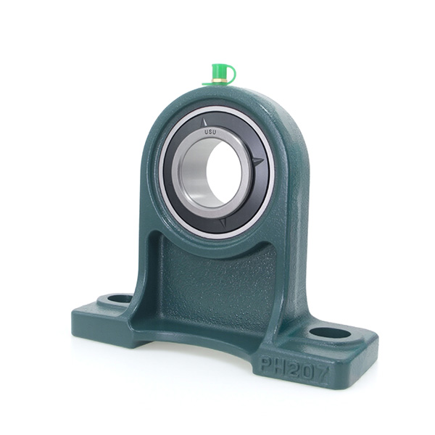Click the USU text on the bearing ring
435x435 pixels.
click(210, 133)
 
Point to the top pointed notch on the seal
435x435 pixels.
click(204, 123)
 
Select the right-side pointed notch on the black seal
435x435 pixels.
click(259, 161)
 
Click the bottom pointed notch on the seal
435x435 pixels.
click(223, 222)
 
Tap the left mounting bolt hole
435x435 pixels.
click(119, 299)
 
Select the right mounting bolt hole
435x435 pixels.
click(330, 333)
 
